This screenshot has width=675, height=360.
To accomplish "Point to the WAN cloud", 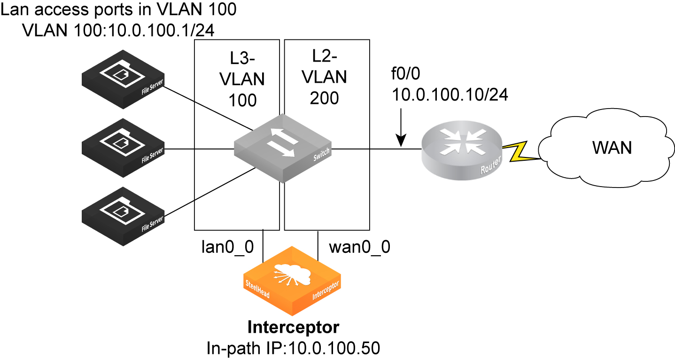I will point(611,148).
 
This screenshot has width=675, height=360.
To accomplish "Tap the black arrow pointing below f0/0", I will point(401,127).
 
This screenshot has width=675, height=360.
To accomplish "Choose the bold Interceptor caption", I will point(293,327).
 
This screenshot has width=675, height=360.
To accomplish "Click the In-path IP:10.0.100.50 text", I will point(293,348).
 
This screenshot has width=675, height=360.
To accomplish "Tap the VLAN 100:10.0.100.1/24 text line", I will point(118,30).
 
